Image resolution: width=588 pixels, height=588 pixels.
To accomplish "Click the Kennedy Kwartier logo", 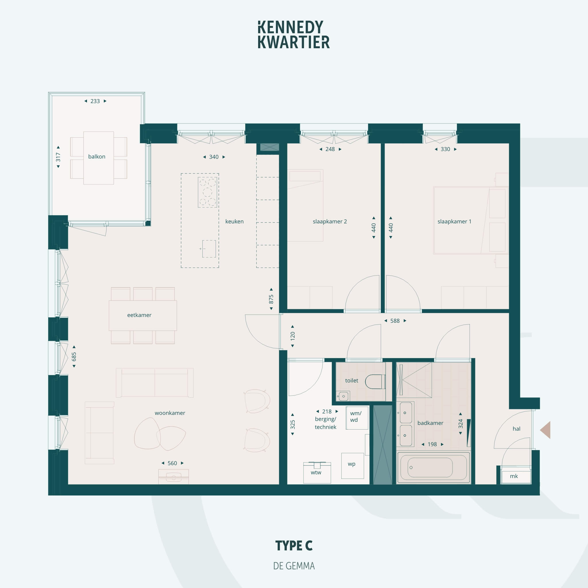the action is pos(294,35).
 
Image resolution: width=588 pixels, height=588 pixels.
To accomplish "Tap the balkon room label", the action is pos(97,156).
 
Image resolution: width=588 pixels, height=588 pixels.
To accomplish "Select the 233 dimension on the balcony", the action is pos(95,101).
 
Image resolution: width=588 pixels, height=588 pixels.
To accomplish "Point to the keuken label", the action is pos(234,221).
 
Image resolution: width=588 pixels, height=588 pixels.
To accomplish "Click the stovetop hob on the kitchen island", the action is pos(208,192).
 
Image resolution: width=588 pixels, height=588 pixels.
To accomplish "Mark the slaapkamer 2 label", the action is pos(330,221).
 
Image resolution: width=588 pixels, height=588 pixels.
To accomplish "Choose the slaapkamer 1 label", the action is pos(454,221).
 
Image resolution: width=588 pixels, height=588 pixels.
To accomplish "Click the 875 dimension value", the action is pos(271,299).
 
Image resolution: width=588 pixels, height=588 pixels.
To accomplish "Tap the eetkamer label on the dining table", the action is pos(139,315).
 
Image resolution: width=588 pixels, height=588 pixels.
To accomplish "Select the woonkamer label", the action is pos(170,413).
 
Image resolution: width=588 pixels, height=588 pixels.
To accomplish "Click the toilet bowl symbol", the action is pos(375,381).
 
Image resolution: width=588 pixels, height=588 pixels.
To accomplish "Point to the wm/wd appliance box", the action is pos(357,418).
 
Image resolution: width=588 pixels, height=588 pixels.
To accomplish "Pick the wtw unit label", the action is pos(316,472).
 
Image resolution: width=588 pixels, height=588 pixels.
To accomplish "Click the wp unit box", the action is pos(353,466).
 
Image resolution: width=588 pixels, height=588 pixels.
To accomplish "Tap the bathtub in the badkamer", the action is pos(433,467).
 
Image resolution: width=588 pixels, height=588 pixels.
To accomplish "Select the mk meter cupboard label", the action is pos(514,476).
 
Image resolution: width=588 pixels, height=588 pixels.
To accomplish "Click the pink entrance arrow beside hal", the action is pos(546,430).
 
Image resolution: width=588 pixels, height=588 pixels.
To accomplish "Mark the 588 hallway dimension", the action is pos(395,321).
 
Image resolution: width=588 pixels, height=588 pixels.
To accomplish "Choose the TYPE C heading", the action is pos(294,546).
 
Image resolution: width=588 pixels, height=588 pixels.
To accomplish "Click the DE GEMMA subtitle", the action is pos(294,566).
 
